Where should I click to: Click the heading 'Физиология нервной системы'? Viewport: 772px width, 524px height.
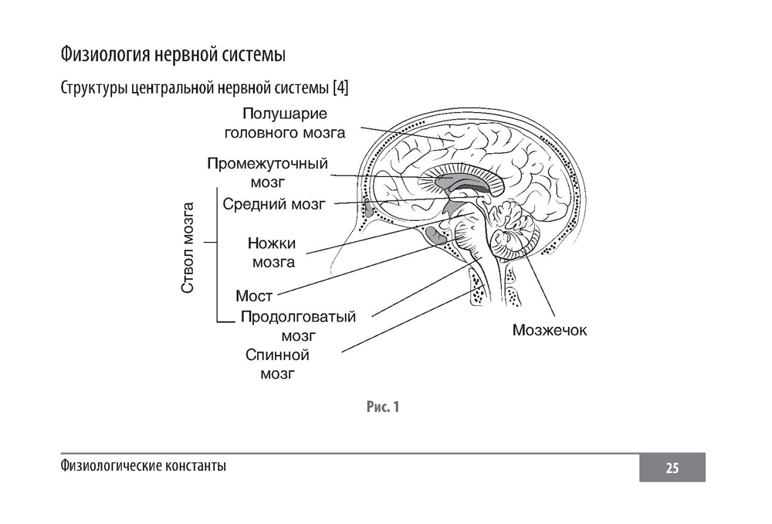coord(173,56)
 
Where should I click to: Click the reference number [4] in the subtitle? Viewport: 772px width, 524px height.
coord(340,89)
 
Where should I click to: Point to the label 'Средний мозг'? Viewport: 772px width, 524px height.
coord(274,204)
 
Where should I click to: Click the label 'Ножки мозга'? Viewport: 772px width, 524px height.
coord(273,252)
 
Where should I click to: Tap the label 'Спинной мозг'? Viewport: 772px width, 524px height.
coord(278,365)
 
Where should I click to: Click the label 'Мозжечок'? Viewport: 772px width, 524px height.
coord(550,331)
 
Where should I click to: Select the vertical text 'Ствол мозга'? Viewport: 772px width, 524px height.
coord(188,247)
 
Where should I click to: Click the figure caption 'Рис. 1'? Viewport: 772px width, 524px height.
coord(382,407)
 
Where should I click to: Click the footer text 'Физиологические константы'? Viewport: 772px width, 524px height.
coord(143,467)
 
